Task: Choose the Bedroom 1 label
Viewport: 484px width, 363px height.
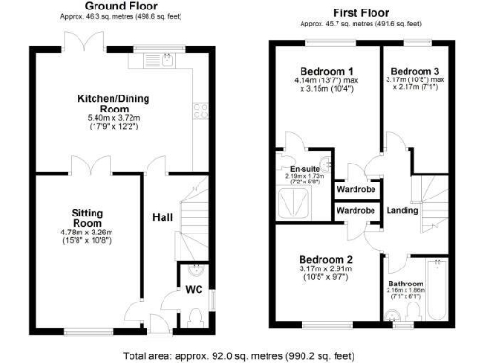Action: [x=321, y=71]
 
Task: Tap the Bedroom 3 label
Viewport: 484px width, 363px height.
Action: [x=414, y=71]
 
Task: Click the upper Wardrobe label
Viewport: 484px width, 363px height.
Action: [x=354, y=187]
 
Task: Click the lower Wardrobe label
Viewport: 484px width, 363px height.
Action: [x=354, y=209]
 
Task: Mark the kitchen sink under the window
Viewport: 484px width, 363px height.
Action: [x=157, y=62]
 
